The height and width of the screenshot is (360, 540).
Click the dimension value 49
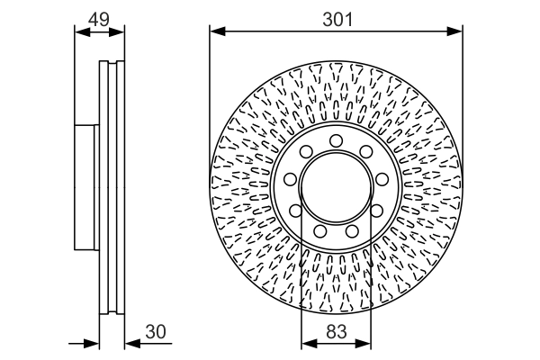[x=98, y=18]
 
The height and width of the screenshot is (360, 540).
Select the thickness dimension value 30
[x=156, y=332]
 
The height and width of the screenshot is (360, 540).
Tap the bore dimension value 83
[x=336, y=332]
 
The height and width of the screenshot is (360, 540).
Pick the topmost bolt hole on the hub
[x=336, y=140]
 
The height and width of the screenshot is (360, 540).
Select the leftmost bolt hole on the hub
[x=293, y=211]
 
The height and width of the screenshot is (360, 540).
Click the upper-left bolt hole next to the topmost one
[x=306, y=153]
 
